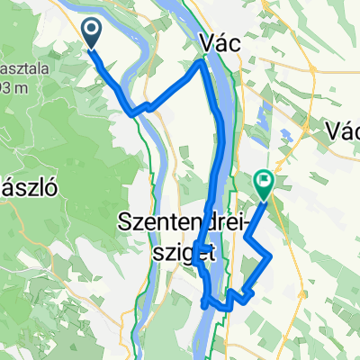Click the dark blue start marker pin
tap(94, 33)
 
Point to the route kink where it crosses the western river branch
tap(135, 112)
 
